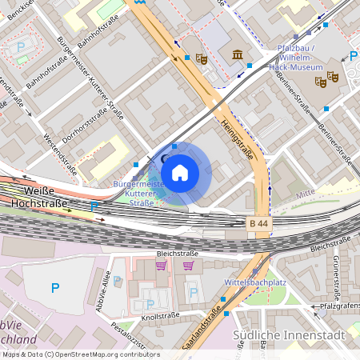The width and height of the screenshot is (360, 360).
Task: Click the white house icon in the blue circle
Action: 180,171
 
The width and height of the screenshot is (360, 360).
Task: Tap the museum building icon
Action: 238,54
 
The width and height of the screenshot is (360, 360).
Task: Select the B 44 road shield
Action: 258,223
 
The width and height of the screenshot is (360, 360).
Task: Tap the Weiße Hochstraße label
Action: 38,197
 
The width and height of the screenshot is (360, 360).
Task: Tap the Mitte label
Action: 305,194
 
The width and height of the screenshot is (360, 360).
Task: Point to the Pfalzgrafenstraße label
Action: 340,306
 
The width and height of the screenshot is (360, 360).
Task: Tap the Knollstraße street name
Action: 160,317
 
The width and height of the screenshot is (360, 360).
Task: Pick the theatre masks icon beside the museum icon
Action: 202,58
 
